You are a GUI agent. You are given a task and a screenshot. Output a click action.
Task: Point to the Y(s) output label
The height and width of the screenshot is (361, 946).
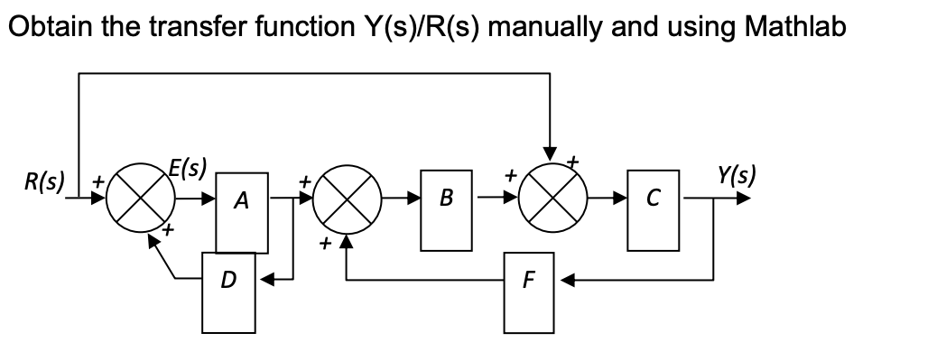(x=734, y=173)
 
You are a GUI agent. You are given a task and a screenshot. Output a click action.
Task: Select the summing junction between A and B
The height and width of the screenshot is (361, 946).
(x=347, y=199)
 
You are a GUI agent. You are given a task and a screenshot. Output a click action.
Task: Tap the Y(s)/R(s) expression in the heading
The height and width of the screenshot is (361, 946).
(x=422, y=27)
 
